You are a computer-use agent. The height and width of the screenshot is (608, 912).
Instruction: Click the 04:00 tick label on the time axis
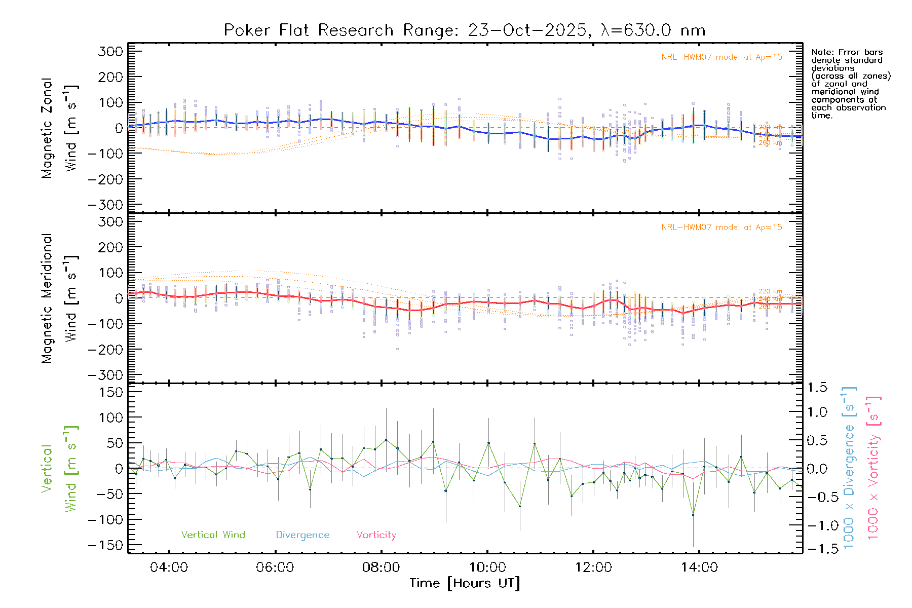(x=169, y=567)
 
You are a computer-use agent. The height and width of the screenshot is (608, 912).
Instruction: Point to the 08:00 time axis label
(x=381, y=567)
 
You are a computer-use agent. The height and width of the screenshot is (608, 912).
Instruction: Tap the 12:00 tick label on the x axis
(x=593, y=567)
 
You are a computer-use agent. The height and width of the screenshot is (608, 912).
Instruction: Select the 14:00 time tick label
(x=699, y=567)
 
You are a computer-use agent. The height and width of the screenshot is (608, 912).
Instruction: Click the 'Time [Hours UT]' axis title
(x=464, y=583)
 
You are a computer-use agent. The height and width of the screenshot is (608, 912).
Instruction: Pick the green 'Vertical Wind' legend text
(x=213, y=535)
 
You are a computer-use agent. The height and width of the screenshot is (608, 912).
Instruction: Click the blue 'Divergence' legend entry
(x=302, y=535)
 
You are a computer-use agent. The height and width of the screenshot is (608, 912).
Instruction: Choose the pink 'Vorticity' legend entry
(x=376, y=535)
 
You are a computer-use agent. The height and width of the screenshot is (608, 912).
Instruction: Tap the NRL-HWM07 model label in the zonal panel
(x=721, y=57)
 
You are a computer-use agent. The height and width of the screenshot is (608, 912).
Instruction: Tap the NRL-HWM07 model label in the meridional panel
(x=721, y=227)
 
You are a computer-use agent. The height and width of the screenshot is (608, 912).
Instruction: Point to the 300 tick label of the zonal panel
(x=110, y=52)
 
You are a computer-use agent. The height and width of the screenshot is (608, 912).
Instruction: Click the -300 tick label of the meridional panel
(x=105, y=375)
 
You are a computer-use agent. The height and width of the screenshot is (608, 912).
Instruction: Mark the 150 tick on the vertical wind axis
(x=111, y=393)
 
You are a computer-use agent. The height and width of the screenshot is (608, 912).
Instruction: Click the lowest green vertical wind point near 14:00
(x=693, y=515)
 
